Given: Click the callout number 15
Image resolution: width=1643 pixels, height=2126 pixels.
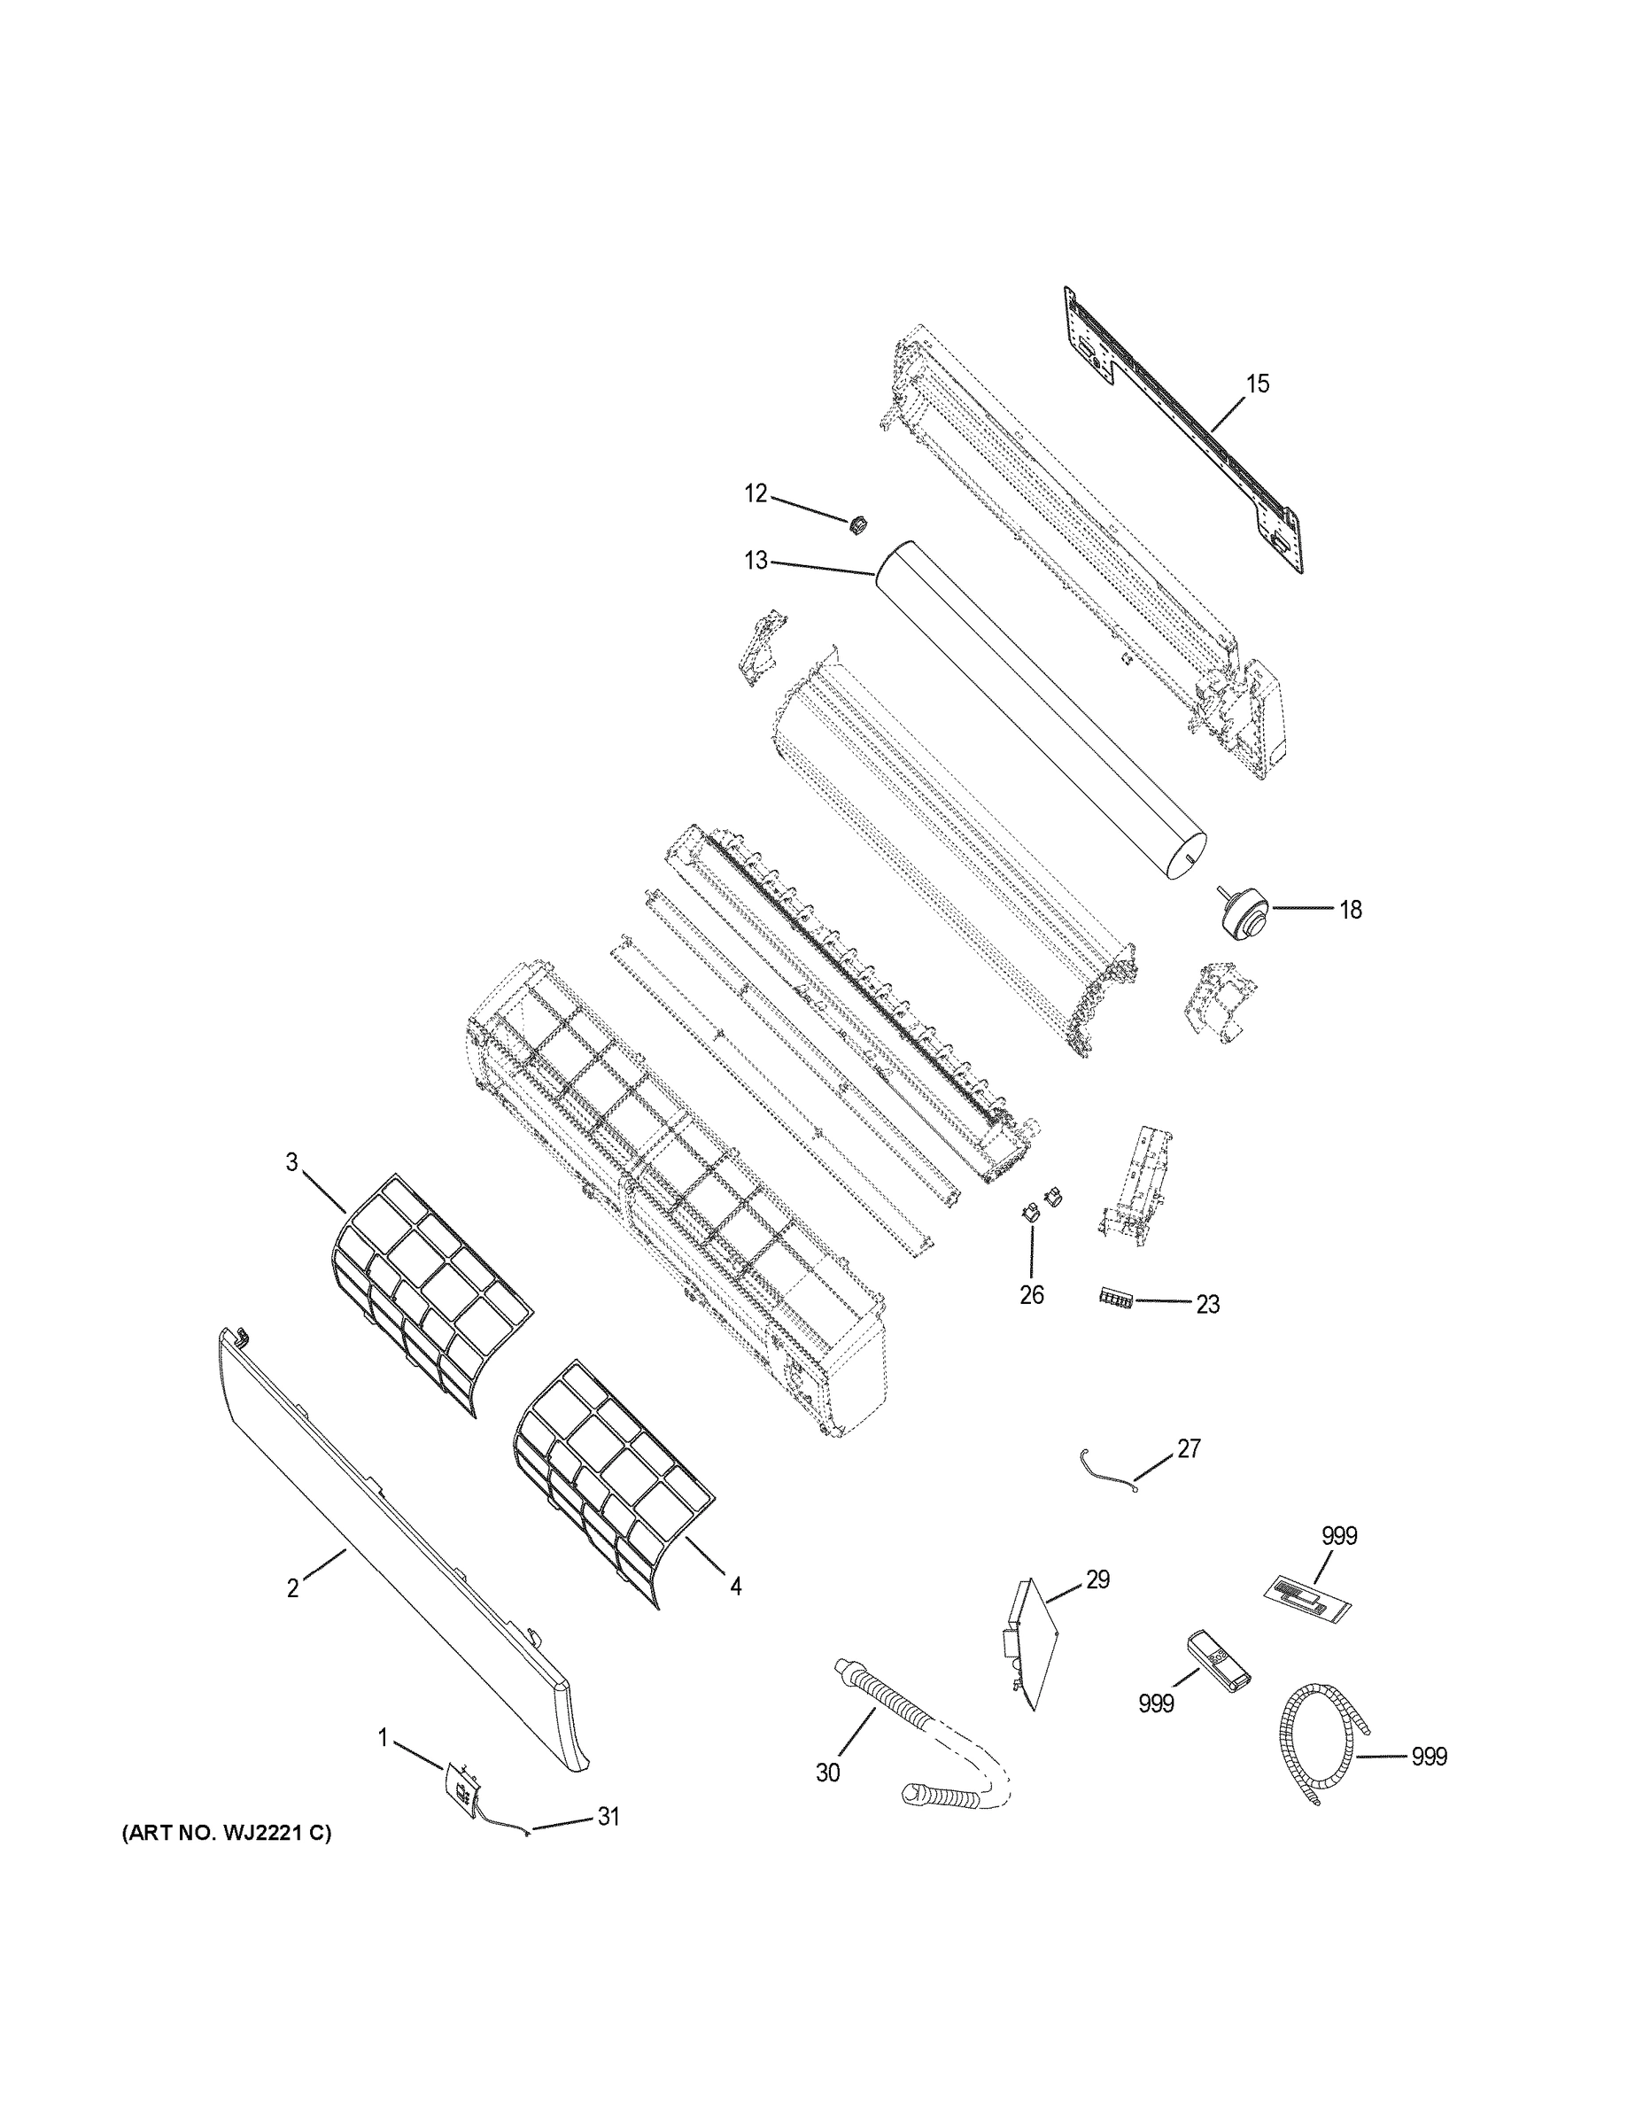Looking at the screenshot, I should [1258, 384].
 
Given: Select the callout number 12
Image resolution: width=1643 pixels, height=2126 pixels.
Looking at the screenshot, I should [756, 493].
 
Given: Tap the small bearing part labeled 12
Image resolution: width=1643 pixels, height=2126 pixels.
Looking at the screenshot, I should [857, 524].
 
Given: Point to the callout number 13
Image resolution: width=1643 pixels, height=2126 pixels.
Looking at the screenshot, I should [756, 561].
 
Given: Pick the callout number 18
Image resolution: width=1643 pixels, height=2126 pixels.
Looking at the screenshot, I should [1350, 909].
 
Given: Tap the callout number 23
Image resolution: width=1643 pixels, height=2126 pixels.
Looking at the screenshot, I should [1207, 1305].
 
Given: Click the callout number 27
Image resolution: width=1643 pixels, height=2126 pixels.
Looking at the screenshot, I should [1189, 1476].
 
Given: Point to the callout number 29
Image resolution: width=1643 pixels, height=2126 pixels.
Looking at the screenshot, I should [1098, 1579].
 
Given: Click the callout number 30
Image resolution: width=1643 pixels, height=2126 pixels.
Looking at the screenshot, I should [827, 1773].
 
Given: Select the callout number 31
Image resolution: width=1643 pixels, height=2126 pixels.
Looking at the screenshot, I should [608, 1817].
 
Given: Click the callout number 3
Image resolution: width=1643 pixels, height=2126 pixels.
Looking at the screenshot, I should [292, 1161].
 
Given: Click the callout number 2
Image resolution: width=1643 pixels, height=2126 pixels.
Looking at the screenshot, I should [292, 1588].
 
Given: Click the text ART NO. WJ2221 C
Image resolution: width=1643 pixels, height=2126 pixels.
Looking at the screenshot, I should [226, 1833].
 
